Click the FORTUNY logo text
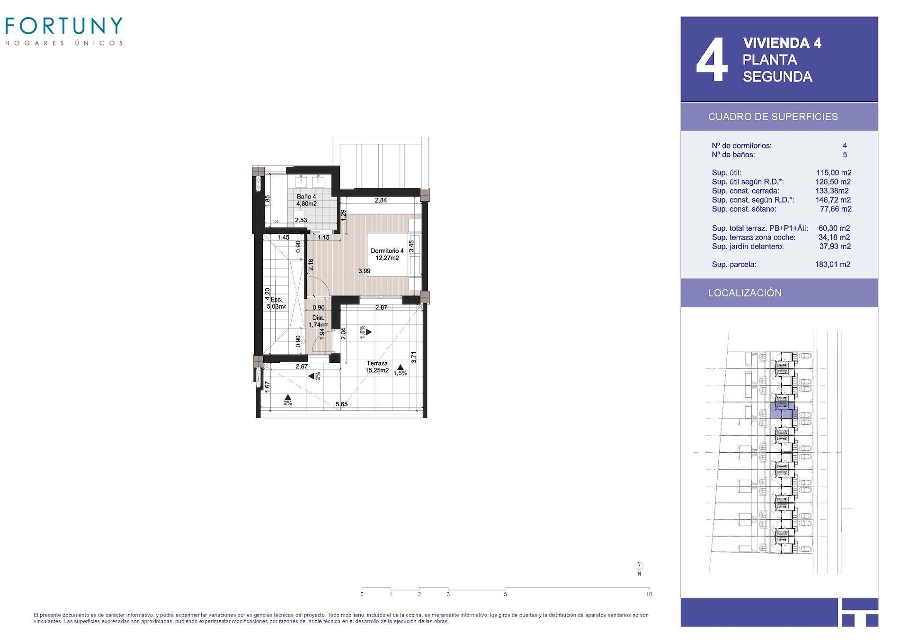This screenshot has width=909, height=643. coord(64,26)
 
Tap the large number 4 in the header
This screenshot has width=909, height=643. coord(712,60)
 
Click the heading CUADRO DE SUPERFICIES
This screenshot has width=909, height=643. coord(773,116)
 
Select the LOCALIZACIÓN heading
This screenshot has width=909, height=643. coord(745,293)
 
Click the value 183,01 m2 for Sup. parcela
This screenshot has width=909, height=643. coord(832,265)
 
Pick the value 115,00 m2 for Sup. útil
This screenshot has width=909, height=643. coord(833,173)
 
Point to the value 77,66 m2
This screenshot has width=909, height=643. coord(836,209)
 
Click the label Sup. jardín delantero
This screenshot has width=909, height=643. coord(748,247)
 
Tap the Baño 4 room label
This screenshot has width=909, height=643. coord(306,196)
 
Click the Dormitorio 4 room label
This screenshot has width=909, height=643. coord(387,251)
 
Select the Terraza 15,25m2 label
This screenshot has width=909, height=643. coord(377,367)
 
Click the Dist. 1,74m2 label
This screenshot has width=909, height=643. coord(318,321)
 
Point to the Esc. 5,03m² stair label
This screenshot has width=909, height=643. coord(276,303)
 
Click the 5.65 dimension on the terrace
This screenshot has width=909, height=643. coord(341,404)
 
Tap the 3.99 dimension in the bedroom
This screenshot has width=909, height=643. coord(364,271)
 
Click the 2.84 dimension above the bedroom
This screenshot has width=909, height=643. coord(381,200)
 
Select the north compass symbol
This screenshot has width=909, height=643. coord(639,566)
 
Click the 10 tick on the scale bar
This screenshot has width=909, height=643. coord(649,594)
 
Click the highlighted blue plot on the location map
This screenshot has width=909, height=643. coord(782,410)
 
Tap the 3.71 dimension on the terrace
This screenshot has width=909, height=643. coord(414,357)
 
